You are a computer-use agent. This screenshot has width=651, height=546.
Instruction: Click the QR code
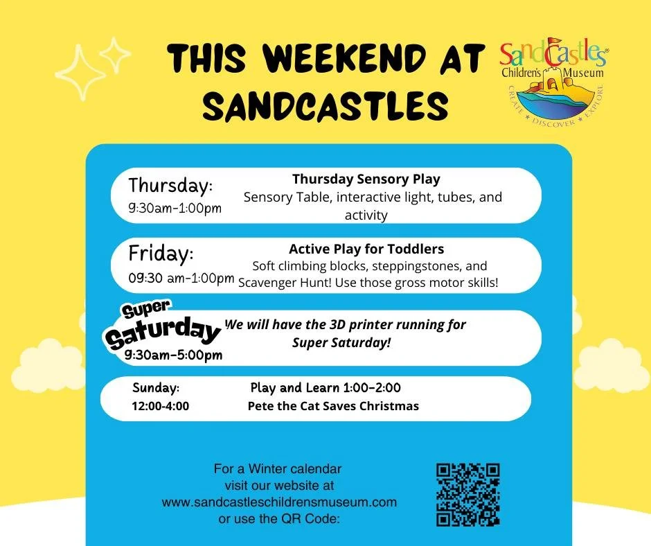point(467,495)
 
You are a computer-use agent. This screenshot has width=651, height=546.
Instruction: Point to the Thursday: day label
point(170,186)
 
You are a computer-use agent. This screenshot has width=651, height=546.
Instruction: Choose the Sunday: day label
point(156,388)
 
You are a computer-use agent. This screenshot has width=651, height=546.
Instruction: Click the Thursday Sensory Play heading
point(366,179)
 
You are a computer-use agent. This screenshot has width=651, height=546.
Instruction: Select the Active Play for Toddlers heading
point(366,248)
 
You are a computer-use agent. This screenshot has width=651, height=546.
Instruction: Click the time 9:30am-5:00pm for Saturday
point(173,355)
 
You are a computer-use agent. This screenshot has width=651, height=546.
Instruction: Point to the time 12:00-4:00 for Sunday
point(160,406)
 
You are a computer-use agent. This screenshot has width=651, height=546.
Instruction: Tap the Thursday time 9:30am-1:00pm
point(175,208)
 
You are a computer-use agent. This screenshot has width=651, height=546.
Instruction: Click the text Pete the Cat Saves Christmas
point(333,406)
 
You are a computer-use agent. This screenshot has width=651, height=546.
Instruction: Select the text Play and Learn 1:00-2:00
point(325,388)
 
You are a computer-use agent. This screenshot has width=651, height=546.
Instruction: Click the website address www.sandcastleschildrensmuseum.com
point(279,502)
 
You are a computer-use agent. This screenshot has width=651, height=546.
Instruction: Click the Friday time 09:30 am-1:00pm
point(181,279)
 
